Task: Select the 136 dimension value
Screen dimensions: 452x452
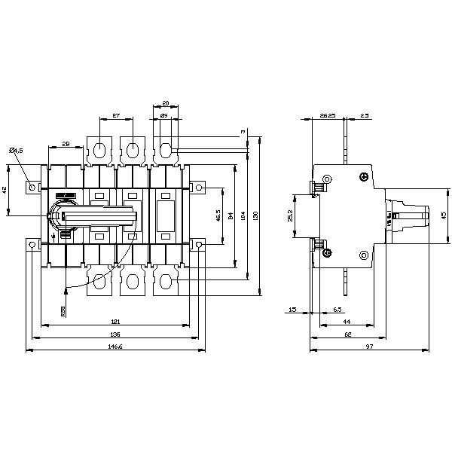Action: pyautogui.click(x=115, y=334)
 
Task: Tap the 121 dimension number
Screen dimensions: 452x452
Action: pyautogui.click(x=115, y=322)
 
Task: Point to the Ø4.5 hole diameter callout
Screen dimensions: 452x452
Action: pyautogui.click(x=16, y=151)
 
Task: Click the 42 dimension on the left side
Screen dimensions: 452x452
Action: pyautogui.click(x=6, y=191)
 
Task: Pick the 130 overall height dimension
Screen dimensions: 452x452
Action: pyautogui.click(x=258, y=215)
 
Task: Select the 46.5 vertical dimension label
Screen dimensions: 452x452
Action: pyautogui.click(x=218, y=215)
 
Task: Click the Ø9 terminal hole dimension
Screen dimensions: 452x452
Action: pyautogui.click(x=163, y=117)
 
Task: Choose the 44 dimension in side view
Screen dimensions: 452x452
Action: pyautogui.click(x=346, y=322)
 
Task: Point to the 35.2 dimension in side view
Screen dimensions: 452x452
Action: pyautogui.click(x=290, y=216)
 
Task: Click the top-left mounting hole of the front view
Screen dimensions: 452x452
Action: pyautogui.click(x=31, y=186)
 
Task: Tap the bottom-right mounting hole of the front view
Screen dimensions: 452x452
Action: pyautogui.click(x=198, y=244)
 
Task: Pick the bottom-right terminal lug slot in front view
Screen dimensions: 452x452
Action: pyautogui.click(x=165, y=282)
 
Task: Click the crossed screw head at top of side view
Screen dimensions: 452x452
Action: pyautogui.click(x=365, y=178)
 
